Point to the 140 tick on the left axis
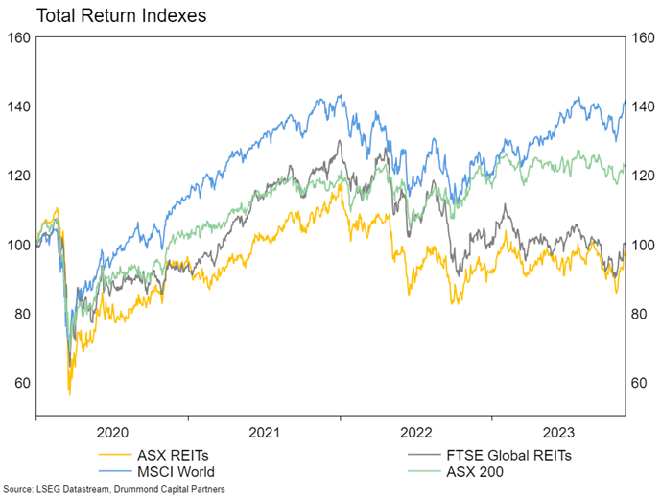click(x=17, y=106)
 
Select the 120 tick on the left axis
click(x=17, y=176)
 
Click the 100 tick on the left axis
click(x=17, y=245)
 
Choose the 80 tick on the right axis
click(x=641, y=314)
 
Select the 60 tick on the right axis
click(x=641, y=383)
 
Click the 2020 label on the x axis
click(x=112, y=432)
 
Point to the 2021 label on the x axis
click(x=264, y=432)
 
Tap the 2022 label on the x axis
click(x=415, y=432)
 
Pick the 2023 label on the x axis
click(x=557, y=432)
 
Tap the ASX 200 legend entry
click(x=476, y=471)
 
